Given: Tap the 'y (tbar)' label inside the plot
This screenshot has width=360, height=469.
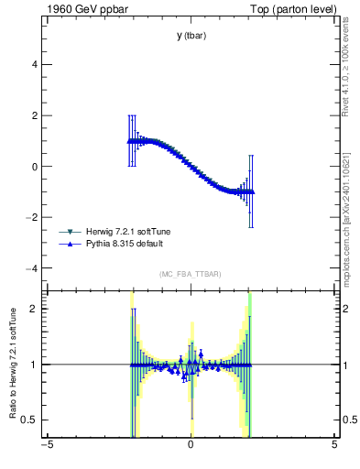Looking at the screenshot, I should [x=191, y=36].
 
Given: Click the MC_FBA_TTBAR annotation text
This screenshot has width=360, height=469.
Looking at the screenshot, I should [x=191, y=275].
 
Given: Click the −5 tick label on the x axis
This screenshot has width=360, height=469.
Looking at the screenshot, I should [x=47, y=445].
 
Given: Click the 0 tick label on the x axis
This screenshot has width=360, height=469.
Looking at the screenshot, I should [x=191, y=445].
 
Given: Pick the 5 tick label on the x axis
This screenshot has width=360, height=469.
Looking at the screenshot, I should [x=334, y=445].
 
